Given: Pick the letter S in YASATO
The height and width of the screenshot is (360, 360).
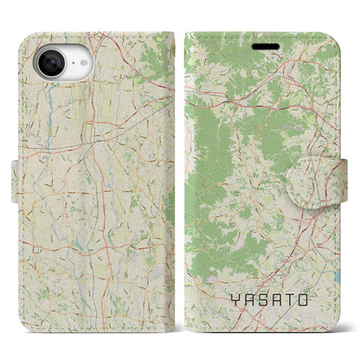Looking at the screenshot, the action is [265, 300].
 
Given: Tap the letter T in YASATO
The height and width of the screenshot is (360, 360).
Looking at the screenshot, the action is [297, 300].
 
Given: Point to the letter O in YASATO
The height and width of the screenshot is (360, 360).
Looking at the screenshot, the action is [313, 300].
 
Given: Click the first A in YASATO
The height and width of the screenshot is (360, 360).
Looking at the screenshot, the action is [248, 300].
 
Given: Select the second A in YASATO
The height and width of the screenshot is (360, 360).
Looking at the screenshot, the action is [280, 300].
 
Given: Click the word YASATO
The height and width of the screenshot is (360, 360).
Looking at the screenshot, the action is [273, 300].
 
